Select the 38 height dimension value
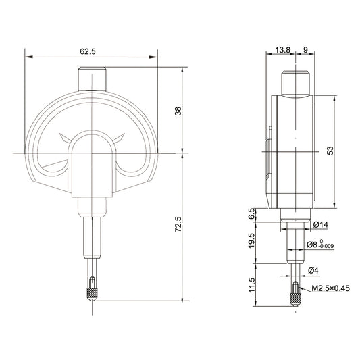click(x=178, y=111)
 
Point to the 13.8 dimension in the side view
click(x=283, y=50)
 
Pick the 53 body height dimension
click(x=330, y=151)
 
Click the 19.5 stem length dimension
click(x=252, y=240)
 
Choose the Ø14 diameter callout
click(x=319, y=224)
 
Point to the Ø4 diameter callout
click(x=313, y=271)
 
